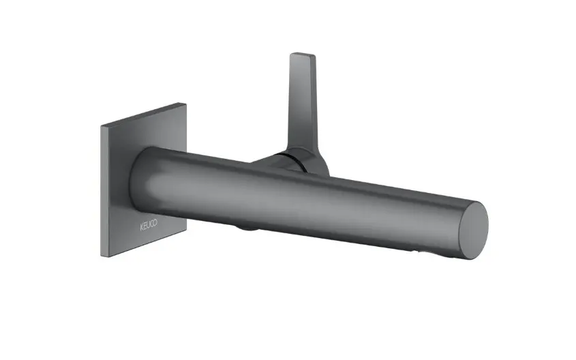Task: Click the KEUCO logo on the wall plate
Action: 149,225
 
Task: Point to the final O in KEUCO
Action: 155,223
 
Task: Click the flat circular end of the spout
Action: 473,230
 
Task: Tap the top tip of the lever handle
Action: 303,54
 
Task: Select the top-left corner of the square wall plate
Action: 101,126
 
